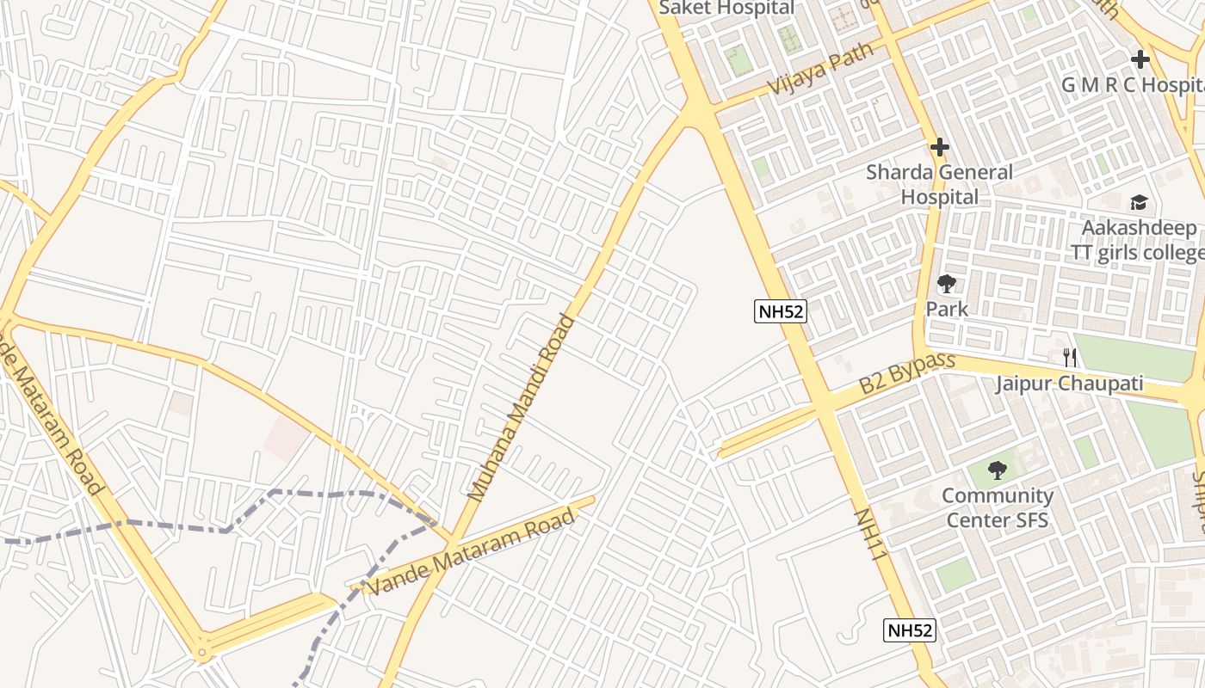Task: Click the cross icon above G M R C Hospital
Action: (1140, 59)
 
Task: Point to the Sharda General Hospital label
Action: (939, 184)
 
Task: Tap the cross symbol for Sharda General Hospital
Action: (940, 147)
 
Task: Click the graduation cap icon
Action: (1140, 203)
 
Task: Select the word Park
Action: (947, 309)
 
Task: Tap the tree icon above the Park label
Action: (947, 283)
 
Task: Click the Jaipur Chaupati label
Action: (1070, 384)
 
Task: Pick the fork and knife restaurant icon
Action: (1070, 357)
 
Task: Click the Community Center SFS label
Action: (998, 507)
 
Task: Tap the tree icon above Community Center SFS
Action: (998, 470)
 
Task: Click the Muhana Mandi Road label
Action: (521, 408)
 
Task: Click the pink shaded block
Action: (285, 439)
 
